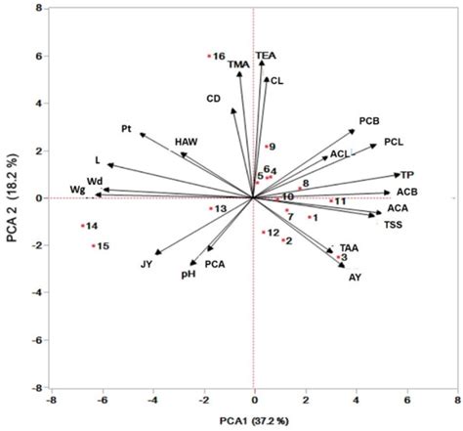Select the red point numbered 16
click(x=209, y=56)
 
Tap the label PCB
click(x=368, y=121)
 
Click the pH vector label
click(x=189, y=275)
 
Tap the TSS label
click(x=394, y=225)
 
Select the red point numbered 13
click(x=211, y=208)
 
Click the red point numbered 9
click(x=266, y=147)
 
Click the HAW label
click(x=187, y=143)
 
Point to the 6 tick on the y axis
click(x=36, y=56)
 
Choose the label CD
click(x=213, y=98)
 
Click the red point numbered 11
click(x=331, y=200)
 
